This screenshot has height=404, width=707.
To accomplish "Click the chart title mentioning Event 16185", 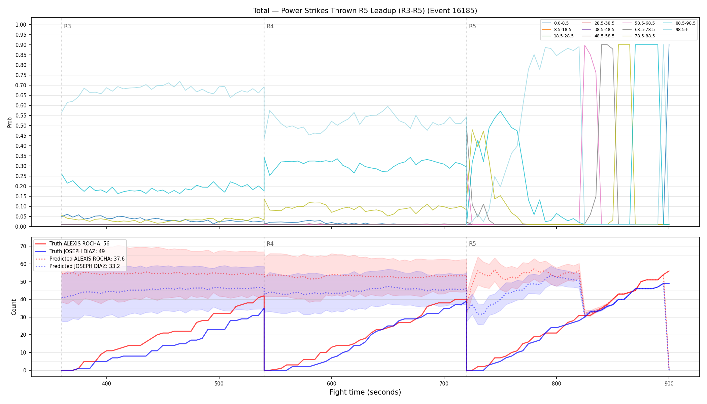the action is tap(365, 11).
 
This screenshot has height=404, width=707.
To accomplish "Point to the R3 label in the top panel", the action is tap(67, 26).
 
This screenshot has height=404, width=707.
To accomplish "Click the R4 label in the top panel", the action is tap(270, 26).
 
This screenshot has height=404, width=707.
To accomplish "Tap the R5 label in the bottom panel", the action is tap(472, 244).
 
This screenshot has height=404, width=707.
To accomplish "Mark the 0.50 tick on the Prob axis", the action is tap(21, 126).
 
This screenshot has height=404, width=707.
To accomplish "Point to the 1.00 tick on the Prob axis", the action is tap(21, 25).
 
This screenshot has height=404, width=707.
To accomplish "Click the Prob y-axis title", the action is tap(9, 122).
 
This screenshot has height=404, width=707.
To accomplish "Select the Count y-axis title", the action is tap(14, 307).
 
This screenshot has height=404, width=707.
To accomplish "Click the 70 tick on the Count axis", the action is tap(23, 246).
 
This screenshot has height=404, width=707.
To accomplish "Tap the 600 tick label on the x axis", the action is tap(332, 383).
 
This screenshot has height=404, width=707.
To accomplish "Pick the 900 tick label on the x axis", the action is tap(669, 383).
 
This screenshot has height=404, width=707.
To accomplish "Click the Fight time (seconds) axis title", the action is tap(365, 392).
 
